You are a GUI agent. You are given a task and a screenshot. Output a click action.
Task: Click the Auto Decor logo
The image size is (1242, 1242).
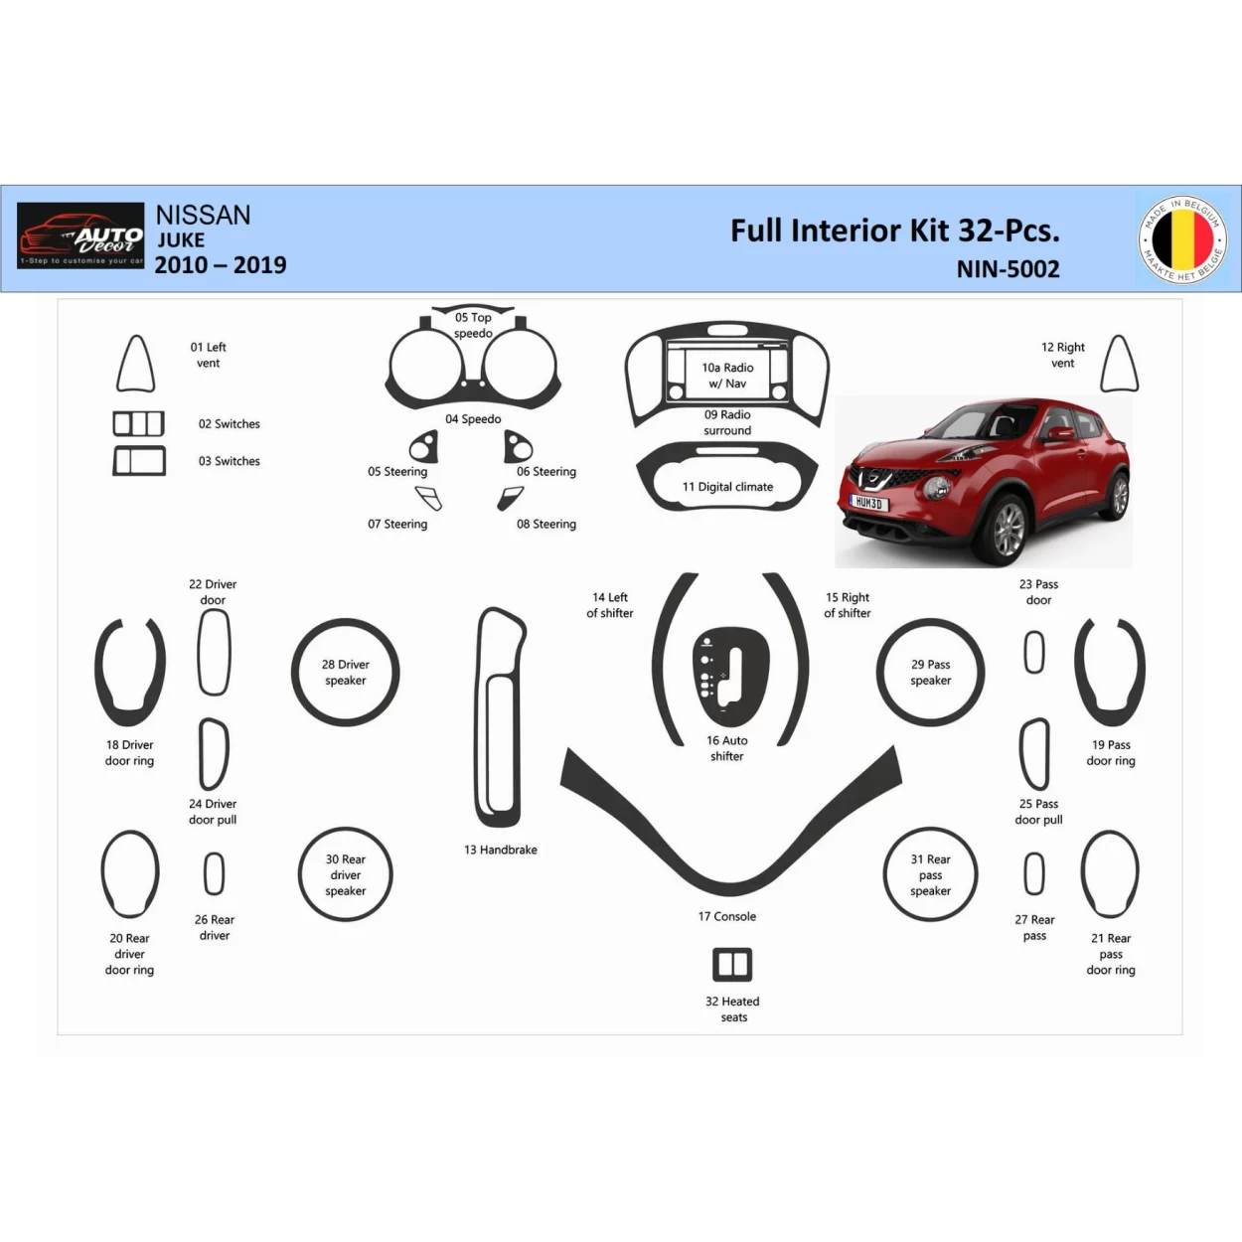80,235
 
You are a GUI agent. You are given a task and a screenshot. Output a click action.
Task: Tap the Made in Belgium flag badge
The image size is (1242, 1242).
1182,238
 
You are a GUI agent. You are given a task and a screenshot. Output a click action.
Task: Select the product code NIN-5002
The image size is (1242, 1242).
1008,269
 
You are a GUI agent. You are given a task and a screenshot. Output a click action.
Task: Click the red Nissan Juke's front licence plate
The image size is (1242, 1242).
869,503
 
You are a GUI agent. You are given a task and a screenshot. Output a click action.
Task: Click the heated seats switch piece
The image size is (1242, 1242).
732,965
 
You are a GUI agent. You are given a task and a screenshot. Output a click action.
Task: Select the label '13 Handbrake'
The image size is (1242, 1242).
501,851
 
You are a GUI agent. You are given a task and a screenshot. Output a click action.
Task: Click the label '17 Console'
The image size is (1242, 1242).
727,917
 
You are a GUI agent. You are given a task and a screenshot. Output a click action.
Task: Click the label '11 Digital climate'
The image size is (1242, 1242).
727,487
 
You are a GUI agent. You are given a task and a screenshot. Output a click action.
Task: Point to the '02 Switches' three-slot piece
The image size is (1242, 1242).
138,424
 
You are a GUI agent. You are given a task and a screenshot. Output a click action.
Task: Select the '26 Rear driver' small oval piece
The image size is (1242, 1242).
214,874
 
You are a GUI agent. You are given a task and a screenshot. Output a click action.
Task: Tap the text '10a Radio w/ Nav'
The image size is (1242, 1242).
727,376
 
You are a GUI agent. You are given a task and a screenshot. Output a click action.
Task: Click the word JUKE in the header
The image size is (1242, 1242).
181,240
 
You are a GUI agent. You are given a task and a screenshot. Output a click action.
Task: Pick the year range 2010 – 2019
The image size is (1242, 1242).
221,265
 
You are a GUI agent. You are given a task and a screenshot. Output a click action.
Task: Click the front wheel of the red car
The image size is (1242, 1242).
1008,529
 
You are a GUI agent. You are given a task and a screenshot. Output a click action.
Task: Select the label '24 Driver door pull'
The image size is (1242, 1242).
213,813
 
